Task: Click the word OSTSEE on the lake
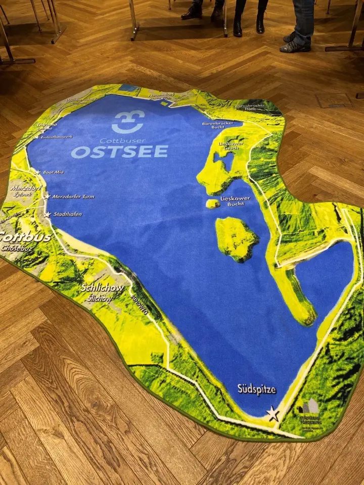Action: [119, 152]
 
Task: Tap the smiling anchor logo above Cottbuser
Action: [128, 122]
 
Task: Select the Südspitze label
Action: [257, 389]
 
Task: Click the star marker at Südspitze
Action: [273, 414]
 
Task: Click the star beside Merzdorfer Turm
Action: [47, 197]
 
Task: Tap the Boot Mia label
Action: [53, 172]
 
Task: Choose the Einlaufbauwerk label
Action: [56, 136]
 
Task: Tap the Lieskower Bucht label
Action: [236, 201]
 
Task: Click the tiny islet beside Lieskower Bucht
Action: [213, 204]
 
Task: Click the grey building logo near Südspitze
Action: [309, 407]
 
